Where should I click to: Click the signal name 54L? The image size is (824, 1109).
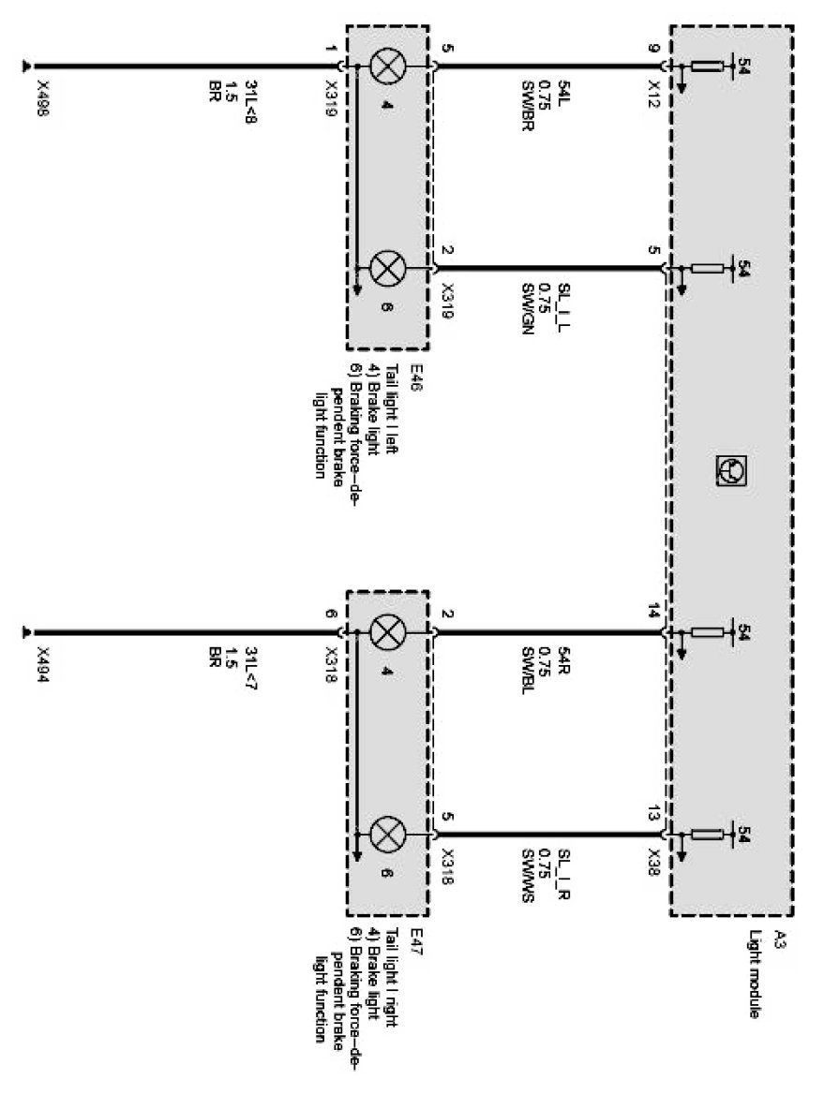click(564, 92)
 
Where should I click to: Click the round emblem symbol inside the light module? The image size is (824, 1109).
click(728, 465)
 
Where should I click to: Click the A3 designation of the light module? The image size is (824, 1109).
click(780, 943)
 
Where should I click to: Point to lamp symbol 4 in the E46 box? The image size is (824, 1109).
click(384, 67)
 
